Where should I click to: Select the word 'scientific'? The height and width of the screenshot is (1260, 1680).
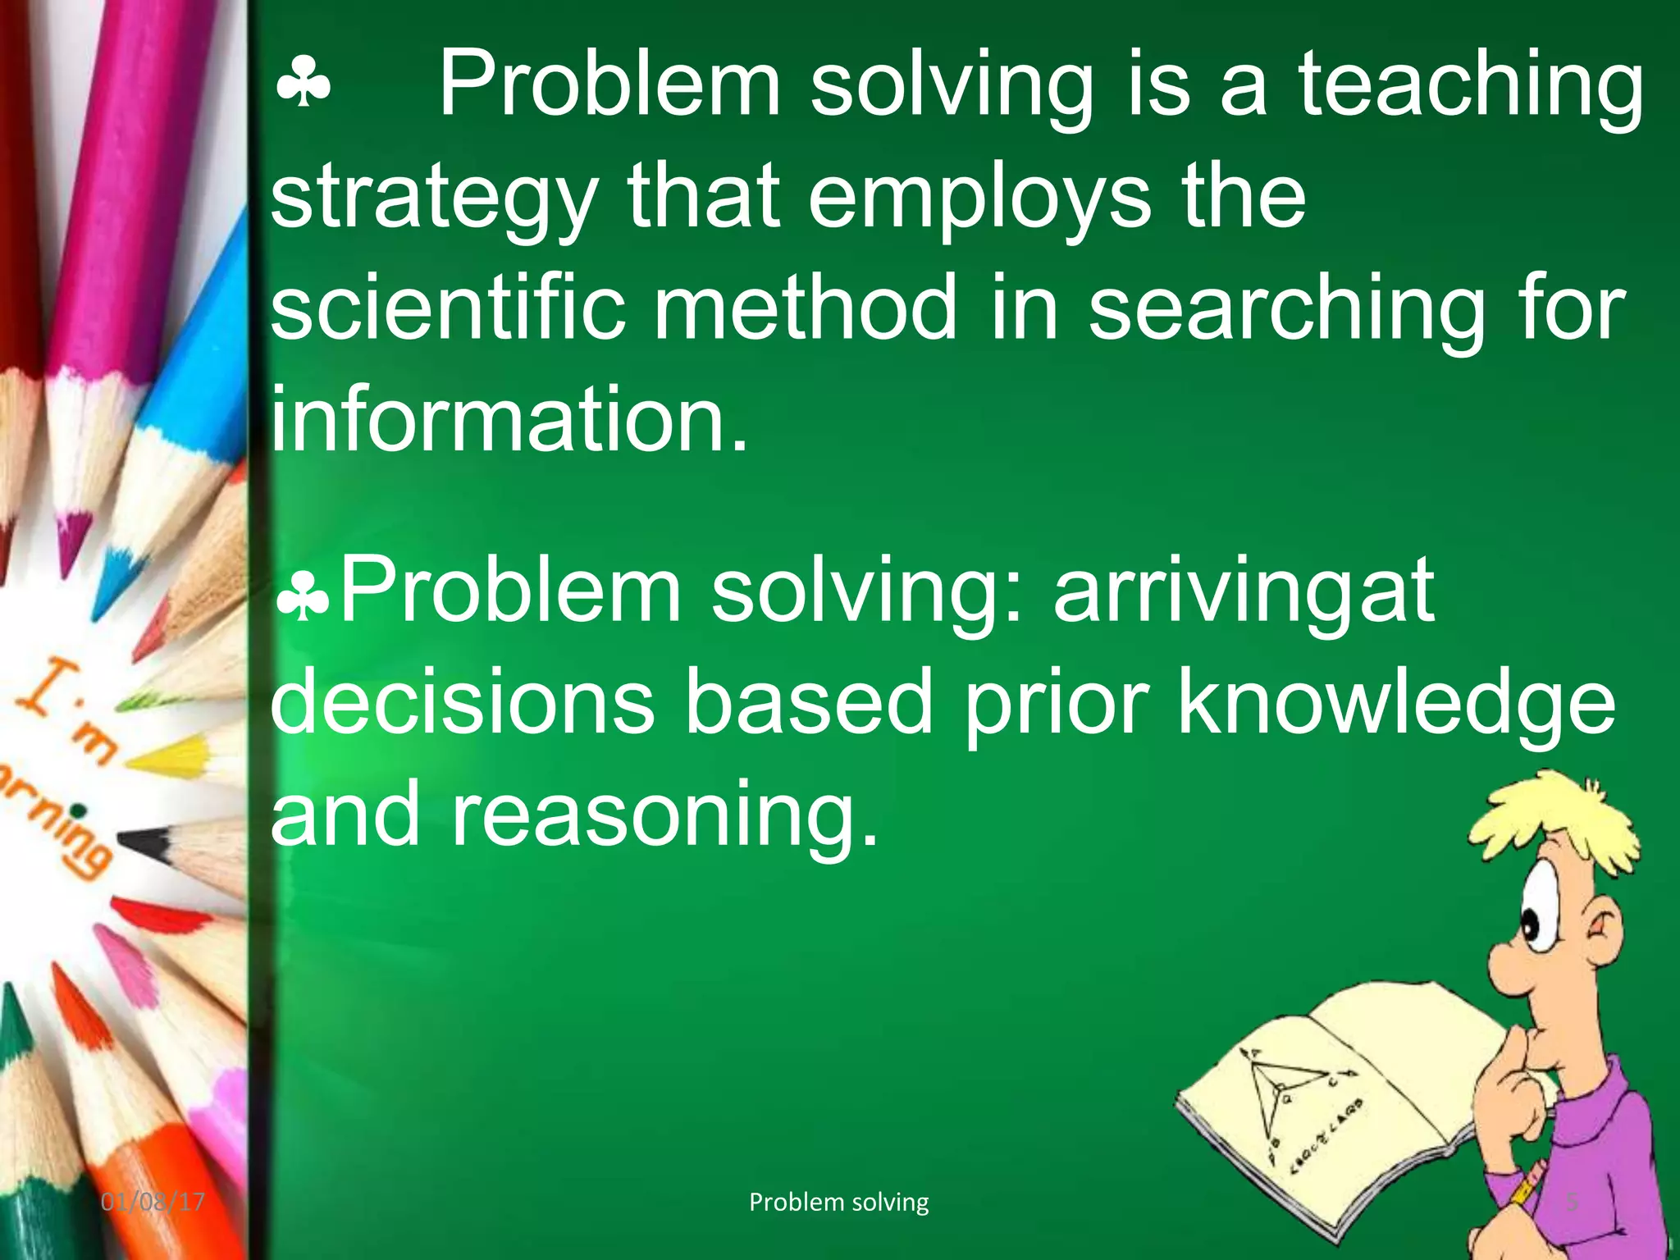[x=448, y=308]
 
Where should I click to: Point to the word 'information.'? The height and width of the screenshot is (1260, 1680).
[x=509, y=419]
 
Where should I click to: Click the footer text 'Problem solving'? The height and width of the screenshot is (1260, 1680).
[x=838, y=1203]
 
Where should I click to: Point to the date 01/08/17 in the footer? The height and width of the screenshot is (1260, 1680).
[x=153, y=1203]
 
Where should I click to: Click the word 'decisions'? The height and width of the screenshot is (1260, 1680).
[x=463, y=702]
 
